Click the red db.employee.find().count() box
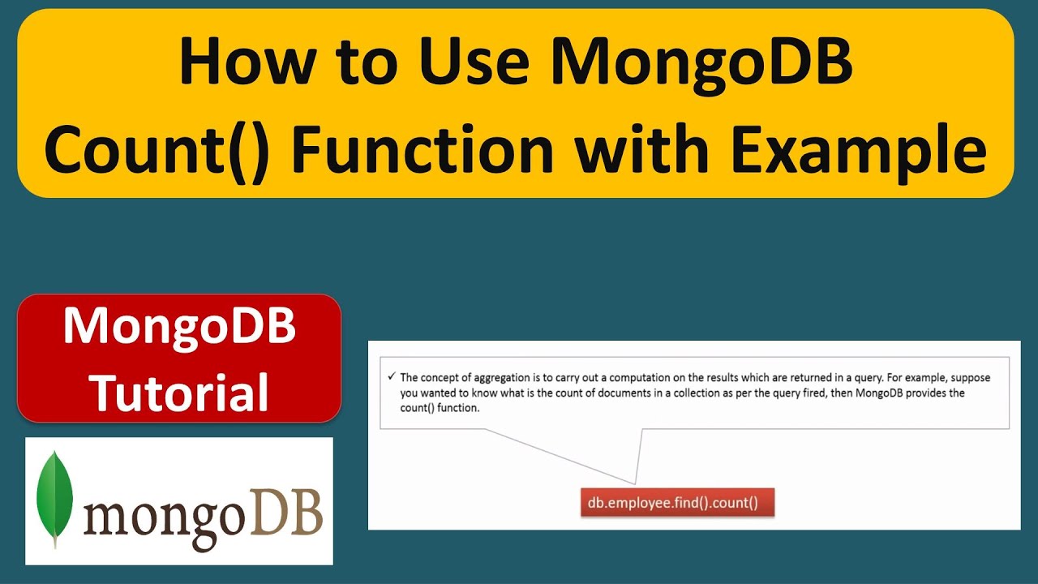(x=672, y=502)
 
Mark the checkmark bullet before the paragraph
(x=392, y=377)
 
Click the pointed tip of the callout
(x=635, y=484)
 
